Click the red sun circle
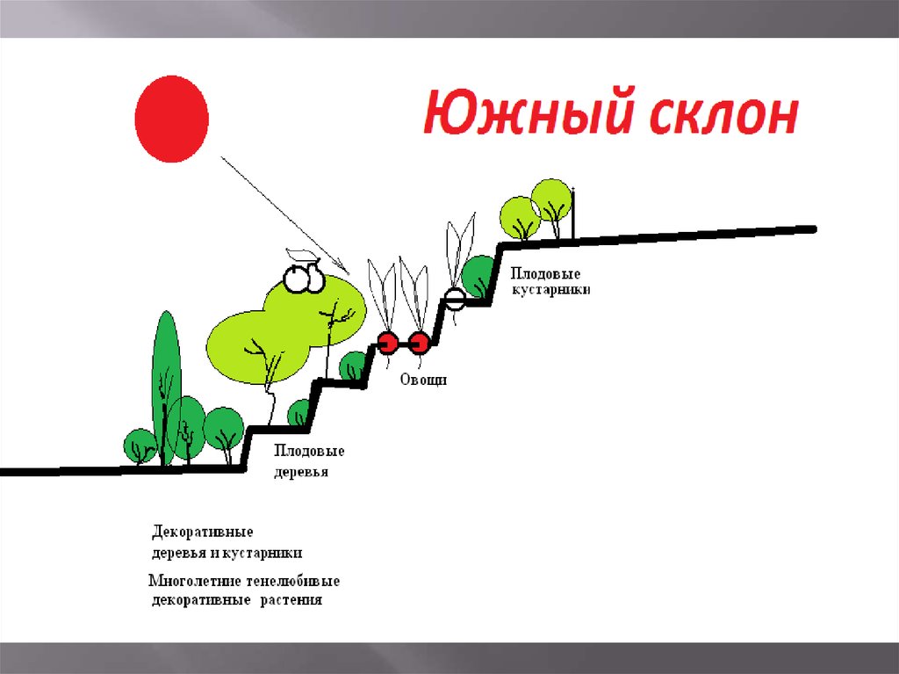171,119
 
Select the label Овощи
424,380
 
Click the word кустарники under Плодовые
551,289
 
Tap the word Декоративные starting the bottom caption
203,533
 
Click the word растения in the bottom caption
291,601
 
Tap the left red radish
388,342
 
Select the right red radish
420,342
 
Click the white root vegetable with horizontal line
454,300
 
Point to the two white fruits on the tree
304,277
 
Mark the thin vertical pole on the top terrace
574,213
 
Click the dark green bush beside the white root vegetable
479,275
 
